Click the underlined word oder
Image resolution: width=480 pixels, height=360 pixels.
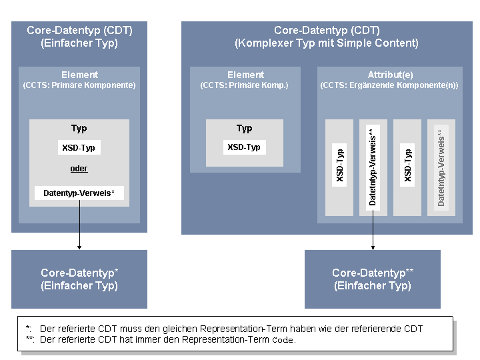[x=79, y=169]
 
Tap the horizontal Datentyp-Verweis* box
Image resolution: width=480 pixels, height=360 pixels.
[x=79, y=193]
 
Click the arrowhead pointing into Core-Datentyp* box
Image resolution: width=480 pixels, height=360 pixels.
[x=79, y=247]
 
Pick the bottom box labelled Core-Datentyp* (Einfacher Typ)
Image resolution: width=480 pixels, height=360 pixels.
[x=79, y=279]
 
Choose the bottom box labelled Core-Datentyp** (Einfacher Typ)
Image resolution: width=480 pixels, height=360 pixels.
[x=373, y=279]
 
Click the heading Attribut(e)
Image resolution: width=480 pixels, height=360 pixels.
[x=389, y=75]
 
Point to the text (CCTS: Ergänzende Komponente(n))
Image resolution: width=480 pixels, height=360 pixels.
[x=389, y=85]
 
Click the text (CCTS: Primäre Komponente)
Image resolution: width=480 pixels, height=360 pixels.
[x=79, y=85]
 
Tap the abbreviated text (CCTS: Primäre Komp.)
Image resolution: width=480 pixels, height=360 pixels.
[x=245, y=85]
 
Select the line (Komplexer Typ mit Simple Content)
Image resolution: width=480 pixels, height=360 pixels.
[x=327, y=43]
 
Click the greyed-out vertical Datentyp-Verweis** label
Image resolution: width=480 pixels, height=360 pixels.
[x=441, y=167]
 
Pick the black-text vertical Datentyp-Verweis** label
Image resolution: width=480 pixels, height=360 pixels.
[x=373, y=167]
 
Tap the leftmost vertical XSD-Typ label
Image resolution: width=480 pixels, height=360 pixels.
[x=339, y=166]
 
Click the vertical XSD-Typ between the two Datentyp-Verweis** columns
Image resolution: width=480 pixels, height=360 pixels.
[x=407, y=166]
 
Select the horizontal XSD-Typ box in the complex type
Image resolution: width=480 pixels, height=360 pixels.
[x=244, y=147]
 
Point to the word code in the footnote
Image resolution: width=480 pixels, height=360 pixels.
[x=283, y=339]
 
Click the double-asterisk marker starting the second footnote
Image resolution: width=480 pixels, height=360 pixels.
[x=29, y=339]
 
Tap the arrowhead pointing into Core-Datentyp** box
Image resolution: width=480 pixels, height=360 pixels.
[x=373, y=247]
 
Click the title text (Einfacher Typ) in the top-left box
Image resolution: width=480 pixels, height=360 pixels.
[x=79, y=43]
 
